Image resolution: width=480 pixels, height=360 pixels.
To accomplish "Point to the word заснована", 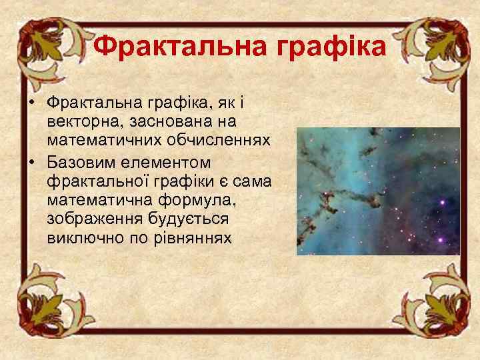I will pyautogui.click(x=157, y=123).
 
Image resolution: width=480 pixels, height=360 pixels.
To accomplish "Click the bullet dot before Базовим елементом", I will pyautogui.click(x=31, y=163).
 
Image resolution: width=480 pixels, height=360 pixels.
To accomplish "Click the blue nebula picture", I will pyautogui.click(x=377, y=191).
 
